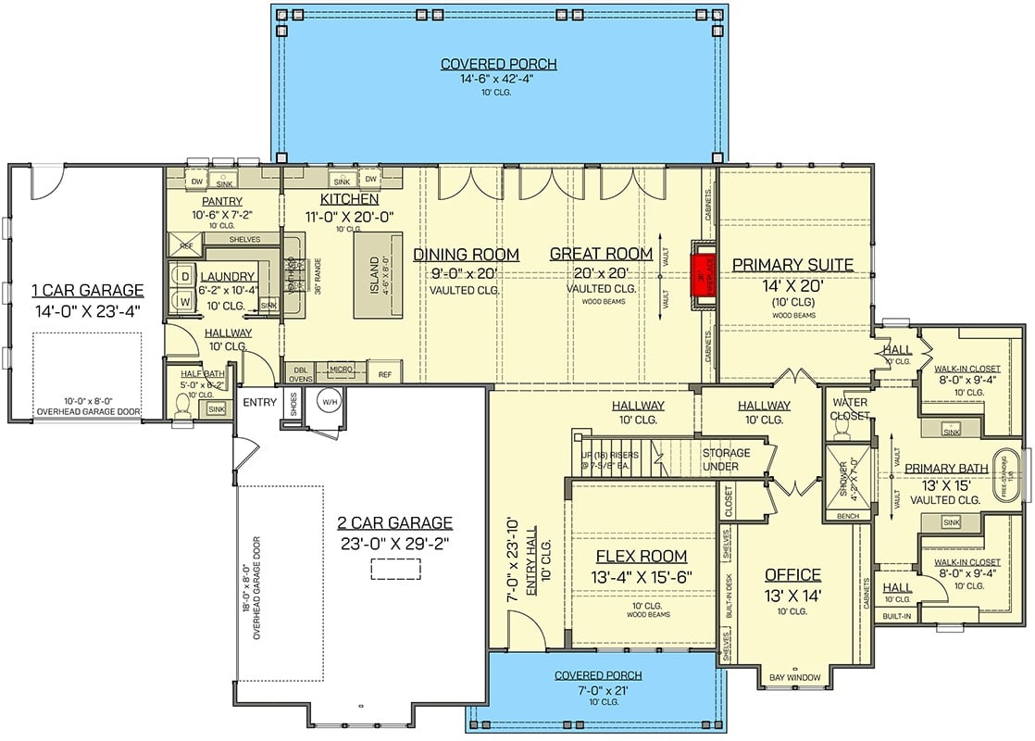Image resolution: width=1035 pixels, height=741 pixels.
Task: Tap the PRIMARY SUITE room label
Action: tap(792, 265)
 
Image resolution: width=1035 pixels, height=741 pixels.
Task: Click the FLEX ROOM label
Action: tap(641, 556)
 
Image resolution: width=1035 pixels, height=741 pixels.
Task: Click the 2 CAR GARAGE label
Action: tap(394, 522)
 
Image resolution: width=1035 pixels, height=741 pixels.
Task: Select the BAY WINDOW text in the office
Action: tap(794, 678)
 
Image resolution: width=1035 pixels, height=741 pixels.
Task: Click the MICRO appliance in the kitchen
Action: tap(342, 370)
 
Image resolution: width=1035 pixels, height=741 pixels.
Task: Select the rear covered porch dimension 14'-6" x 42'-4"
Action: tap(498, 80)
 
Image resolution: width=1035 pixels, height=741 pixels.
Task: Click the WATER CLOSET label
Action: tap(850, 409)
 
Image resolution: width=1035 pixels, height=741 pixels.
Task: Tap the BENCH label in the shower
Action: tap(847, 515)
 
